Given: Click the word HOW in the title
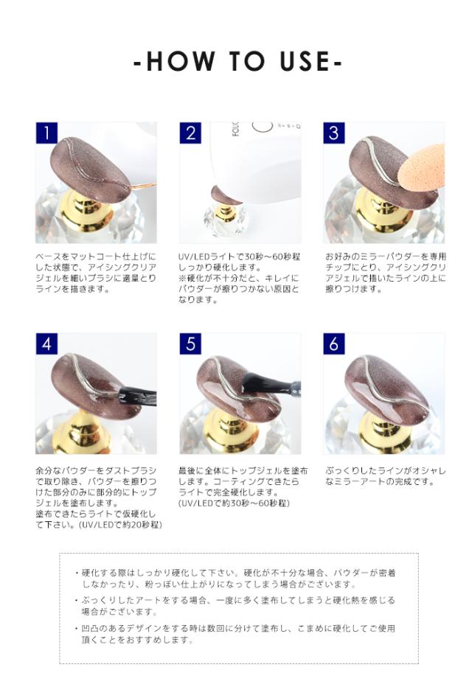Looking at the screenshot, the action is click(x=181, y=61).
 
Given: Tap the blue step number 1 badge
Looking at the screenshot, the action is click(x=46, y=133).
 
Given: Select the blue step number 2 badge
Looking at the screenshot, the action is click(x=190, y=133).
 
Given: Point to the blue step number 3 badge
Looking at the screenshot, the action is click(x=334, y=133).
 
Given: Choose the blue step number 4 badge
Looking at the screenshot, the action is click(x=46, y=343).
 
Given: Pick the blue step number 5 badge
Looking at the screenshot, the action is click(x=190, y=343).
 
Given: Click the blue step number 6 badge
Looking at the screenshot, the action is click(x=334, y=343).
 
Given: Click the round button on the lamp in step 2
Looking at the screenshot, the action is click(x=263, y=127).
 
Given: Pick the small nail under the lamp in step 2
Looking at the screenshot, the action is click(x=225, y=196).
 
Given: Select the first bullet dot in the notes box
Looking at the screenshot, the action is click(x=77, y=573).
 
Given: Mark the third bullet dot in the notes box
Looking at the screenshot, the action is click(x=77, y=628).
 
